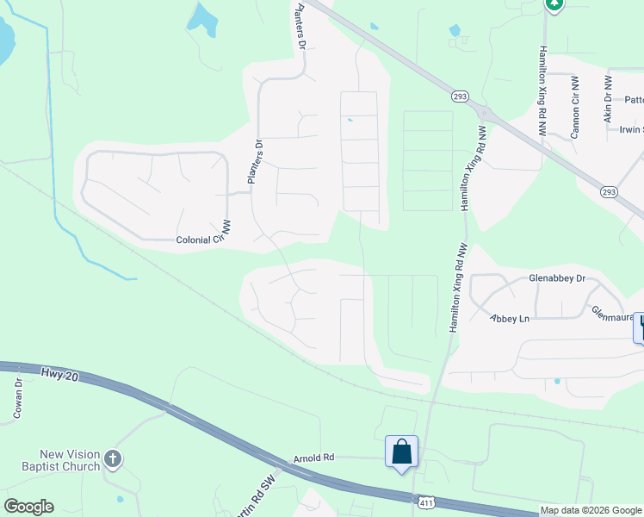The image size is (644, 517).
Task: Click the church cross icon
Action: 113,460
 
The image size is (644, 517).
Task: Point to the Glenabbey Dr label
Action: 558,278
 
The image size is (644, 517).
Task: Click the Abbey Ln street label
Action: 510,318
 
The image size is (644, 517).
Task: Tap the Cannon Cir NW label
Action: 575,106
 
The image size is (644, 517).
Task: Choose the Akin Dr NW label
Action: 608,97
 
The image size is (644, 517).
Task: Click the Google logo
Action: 28,507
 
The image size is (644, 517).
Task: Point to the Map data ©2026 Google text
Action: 591,510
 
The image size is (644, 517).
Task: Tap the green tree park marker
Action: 554,5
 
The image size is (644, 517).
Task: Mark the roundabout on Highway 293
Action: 484,113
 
